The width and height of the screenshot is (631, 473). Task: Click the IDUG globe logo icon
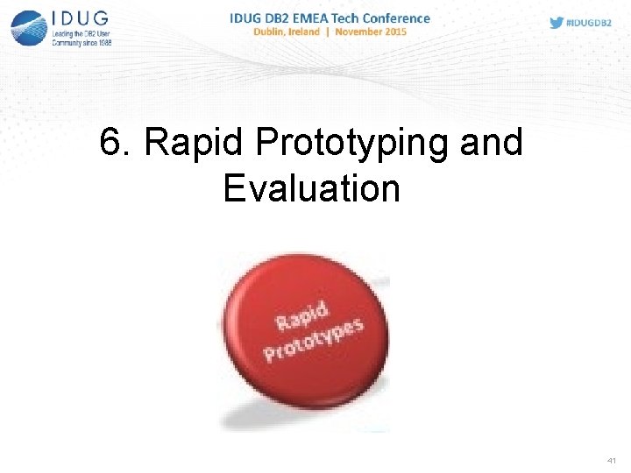[x=28, y=26]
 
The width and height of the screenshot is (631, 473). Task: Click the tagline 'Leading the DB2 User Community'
[x=81, y=38]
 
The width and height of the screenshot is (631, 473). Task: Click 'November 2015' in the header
[x=369, y=32]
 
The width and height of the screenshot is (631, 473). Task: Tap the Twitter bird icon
[x=557, y=23]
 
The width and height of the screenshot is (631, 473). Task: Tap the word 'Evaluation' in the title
[x=311, y=188]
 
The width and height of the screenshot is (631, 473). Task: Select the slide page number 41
[x=611, y=460]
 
